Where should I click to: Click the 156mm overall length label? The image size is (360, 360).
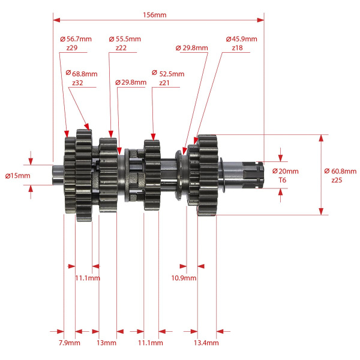coord(155,15)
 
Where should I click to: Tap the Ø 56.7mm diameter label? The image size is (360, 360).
coord(76,39)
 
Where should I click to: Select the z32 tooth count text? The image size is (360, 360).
coord(77,83)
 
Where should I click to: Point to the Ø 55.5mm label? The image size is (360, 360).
coord(125,39)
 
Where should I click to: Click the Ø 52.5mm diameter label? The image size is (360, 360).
coord(168,74)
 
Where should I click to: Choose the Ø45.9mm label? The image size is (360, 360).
coord(242,39)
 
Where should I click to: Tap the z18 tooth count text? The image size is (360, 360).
coord(237,48)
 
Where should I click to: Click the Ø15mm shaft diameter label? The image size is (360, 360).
coord(17,176)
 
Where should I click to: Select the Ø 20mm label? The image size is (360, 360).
coord(286,171)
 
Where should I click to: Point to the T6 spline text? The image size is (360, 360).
coord(283,180)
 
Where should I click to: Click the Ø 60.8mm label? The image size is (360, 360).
coord(340,171)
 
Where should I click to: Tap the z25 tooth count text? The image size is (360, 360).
coord(337,180)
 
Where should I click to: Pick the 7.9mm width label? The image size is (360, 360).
coord(70,343)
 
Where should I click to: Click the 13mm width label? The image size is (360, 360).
coord(106,343)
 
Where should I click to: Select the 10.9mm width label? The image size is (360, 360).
coord(184,278)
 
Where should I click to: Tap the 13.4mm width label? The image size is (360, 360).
coord(206,343)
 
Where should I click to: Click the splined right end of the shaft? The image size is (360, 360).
coord(252,175)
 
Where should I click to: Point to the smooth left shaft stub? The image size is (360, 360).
coord(58,175)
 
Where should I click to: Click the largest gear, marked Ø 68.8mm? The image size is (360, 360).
coord(84,175)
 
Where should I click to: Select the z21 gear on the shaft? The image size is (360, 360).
coord(152,175)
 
